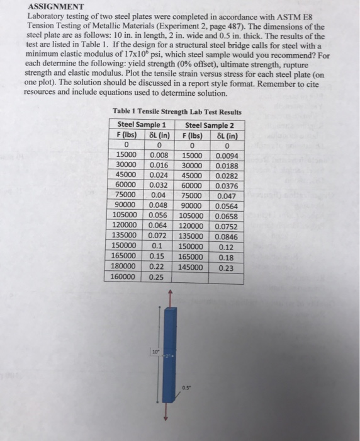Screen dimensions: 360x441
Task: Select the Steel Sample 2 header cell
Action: coord(207,124)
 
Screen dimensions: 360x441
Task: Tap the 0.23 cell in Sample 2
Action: coord(225,266)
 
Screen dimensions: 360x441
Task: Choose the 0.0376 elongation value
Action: coord(225,186)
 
